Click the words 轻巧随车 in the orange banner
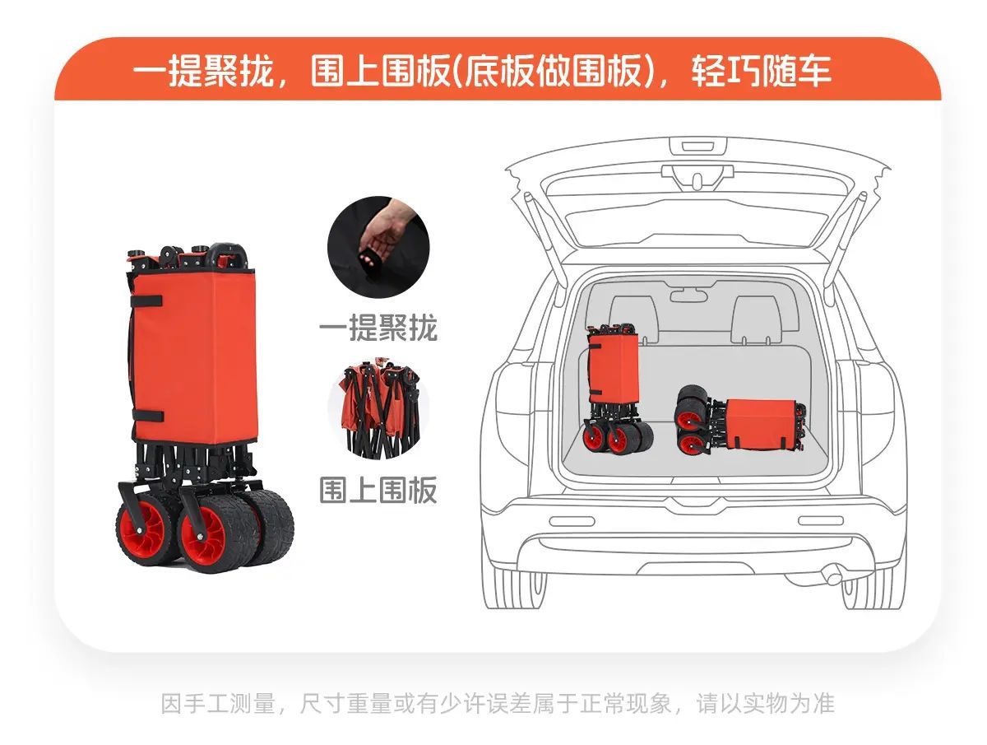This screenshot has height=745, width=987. [761, 71]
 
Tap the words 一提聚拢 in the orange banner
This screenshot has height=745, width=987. [204, 71]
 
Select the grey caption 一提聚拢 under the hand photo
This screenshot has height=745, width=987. [378, 327]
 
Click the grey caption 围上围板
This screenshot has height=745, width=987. [378, 490]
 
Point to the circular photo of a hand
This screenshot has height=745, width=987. [378, 246]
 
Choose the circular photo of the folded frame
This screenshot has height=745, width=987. [378, 408]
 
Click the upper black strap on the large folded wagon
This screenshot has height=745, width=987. [146, 301]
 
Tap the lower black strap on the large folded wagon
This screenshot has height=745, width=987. [147, 416]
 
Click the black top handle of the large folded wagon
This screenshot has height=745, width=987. [230, 254]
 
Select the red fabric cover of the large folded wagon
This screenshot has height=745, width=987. [194, 356]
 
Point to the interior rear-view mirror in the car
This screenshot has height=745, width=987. [688, 296]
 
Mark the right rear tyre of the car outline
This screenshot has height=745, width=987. [873, 588]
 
